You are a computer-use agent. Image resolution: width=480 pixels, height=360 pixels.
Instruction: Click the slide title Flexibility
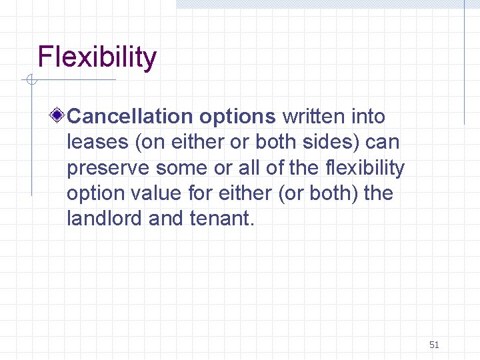point(97,58)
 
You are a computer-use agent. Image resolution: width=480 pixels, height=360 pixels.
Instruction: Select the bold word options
point(237,117)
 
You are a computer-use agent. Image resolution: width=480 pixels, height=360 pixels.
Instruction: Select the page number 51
point(434,345)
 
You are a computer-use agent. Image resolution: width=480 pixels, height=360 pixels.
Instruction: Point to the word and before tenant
point(166,219)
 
